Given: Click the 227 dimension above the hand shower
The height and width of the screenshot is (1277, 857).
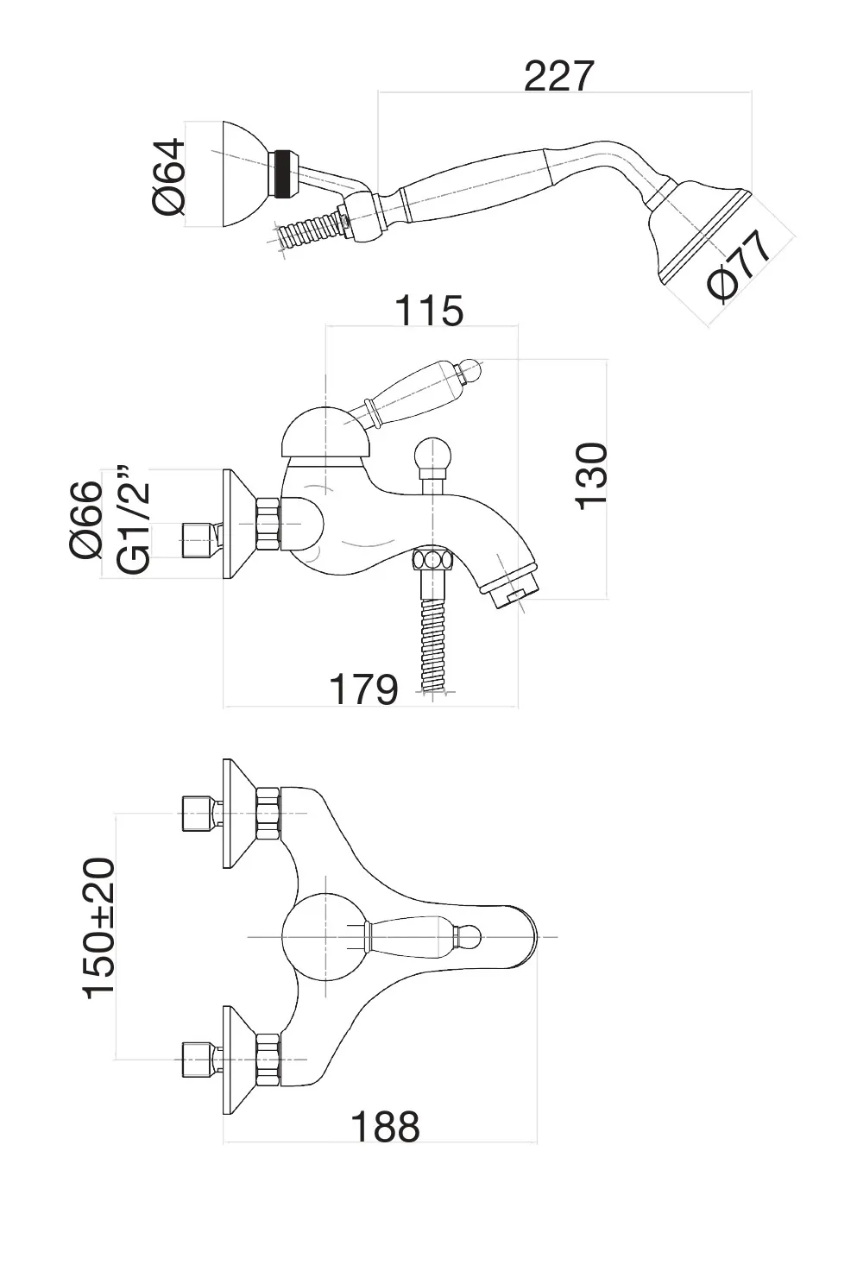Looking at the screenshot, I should [559, 76].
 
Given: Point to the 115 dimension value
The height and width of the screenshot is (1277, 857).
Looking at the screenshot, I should [429, 311].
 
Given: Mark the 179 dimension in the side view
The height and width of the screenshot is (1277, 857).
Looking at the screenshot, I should [363, 689].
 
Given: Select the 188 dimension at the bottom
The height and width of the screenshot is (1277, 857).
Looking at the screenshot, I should [385, 1126].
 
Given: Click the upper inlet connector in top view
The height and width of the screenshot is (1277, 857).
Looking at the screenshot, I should [198, 814].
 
